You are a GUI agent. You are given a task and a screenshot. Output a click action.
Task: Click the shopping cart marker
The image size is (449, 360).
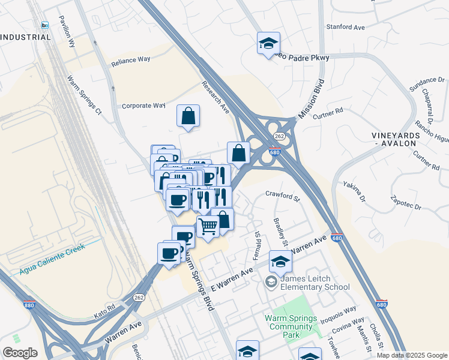[208, 227]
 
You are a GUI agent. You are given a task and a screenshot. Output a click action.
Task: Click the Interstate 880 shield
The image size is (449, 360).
[28, 304]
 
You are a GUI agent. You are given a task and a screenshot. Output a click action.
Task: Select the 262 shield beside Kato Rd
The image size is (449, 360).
[139, 297]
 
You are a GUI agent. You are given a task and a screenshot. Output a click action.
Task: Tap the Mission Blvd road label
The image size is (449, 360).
[312, 98]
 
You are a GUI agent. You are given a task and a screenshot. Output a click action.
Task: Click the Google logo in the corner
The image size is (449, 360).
[20, 353]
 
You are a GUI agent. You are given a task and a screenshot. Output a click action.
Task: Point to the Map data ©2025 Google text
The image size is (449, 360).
[411, 355]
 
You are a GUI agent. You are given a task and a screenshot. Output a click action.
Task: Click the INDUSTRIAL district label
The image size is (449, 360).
[25, 37]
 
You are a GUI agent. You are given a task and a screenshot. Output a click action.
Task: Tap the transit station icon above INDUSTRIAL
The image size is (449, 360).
[45, 25]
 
